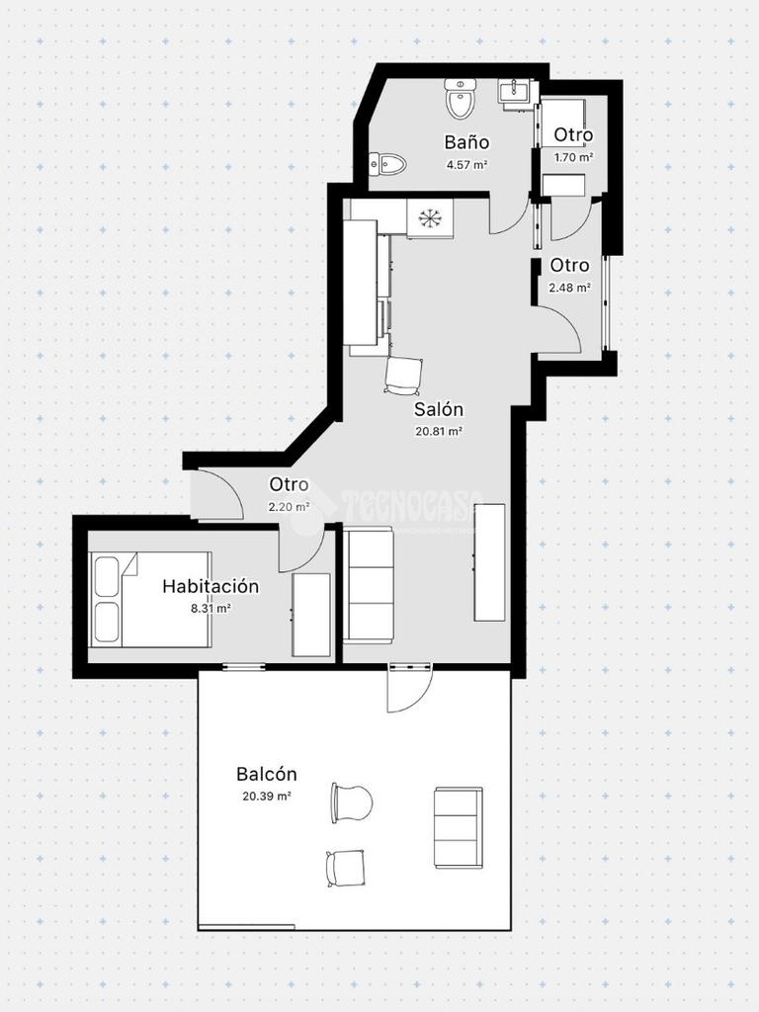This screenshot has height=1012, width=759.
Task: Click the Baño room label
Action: point(466,142)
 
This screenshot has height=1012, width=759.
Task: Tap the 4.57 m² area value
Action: point(466,165)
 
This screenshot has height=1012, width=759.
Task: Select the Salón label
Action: point(439,409)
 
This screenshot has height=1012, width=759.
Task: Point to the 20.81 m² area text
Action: point(439,432)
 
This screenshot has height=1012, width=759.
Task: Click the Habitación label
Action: point(211,586)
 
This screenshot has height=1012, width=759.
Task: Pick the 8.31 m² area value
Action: point(211,608)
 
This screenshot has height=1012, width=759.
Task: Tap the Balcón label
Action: point(266,773)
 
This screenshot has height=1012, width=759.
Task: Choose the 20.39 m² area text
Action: point(266,796)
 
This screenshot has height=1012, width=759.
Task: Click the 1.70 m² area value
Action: point(574,157)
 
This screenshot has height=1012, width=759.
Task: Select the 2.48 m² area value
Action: point(570,288)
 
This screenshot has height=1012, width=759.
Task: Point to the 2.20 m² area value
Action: point(289,507)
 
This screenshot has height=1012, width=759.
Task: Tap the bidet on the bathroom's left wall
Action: point(387,165)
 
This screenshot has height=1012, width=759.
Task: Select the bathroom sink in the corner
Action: point(518,92)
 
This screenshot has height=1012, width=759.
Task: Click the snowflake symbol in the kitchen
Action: point(429,218)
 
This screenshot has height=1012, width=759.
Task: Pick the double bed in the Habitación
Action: point(151,599)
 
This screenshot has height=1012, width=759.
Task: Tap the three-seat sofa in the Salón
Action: point(368,585)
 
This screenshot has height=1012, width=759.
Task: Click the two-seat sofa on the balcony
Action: point(459,828)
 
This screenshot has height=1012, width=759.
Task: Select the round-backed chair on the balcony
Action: point(352,802)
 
